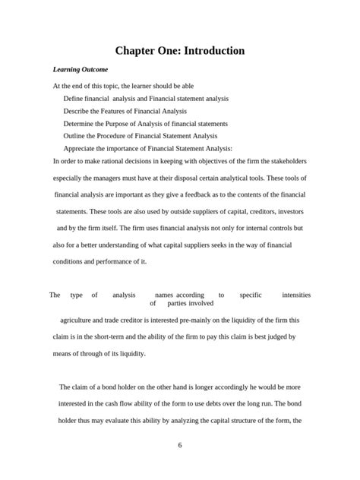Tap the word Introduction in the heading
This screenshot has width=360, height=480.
[x=210, y=51]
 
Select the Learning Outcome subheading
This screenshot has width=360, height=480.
[x=80, y=70]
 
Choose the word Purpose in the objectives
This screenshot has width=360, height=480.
[x=133, y=123]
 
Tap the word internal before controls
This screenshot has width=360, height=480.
[x=238, y=228]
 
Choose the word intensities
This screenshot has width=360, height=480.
[x=295, y=295]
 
